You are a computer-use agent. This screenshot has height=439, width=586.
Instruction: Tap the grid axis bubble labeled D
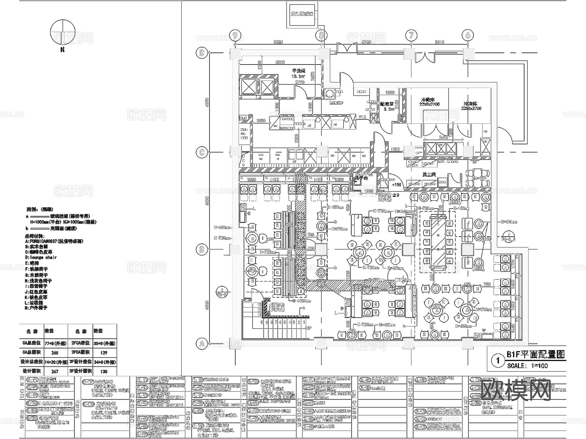[x=202, y=53]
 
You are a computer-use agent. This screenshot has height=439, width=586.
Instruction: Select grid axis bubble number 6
[x=468, y=35]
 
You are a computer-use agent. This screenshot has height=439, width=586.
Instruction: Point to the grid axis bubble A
[x=202, y=344]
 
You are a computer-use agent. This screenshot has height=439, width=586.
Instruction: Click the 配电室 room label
[x=387, y=104]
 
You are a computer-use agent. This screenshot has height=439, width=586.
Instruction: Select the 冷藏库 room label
[x=428, y=99]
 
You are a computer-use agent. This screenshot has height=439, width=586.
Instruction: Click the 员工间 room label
[x=429, y=175]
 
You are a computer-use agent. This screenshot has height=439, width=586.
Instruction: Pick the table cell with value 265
[x=55, y=353]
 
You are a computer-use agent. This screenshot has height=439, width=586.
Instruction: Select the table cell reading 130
[x=104, y=371]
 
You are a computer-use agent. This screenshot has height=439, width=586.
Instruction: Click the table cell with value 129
[x=104, y=353]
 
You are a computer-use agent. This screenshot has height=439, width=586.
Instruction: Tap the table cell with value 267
[x=55, y=371]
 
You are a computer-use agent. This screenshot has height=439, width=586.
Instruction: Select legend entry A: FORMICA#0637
[x=54, y=241]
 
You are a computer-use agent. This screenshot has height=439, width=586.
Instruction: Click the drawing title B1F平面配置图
[x=535, y=355]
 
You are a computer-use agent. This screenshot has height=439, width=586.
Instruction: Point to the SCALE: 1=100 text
[x=527, y=366]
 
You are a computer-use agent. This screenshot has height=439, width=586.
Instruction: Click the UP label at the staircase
[x=309, y=328]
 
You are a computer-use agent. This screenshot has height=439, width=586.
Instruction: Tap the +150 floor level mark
[x=396, y=184]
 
